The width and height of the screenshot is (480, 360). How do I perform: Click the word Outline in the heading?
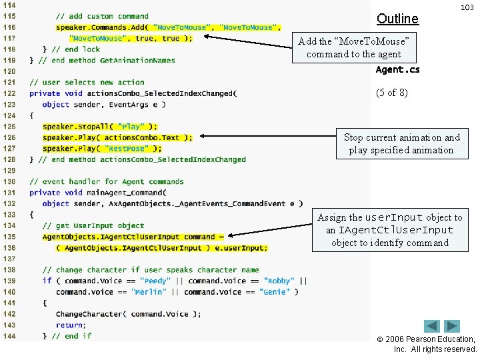[x=397, y=19]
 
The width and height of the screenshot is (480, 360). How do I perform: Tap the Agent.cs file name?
[x=397, y=69]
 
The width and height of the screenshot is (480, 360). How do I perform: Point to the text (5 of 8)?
[x=391, y=93]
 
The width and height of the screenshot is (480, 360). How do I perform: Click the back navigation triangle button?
[x=433, y=327]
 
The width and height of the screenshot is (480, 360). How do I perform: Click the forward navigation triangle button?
[x=453, y=327]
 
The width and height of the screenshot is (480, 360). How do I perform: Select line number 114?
[x=9, y=5]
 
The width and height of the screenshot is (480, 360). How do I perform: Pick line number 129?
[x=9, y=171]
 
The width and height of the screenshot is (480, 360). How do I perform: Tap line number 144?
[x=9, y=335]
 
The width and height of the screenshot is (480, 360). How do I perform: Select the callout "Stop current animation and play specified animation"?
[x=401, y=143]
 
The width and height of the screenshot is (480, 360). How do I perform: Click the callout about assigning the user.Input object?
[x=389, y=230]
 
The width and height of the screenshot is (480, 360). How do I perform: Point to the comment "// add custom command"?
[x=102, y=16]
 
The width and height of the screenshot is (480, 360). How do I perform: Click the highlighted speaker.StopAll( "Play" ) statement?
[x=100, y=127]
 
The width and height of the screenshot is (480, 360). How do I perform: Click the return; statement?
[x=70, y=325]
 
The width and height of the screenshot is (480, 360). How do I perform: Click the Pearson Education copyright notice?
[x=435, y=344]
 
